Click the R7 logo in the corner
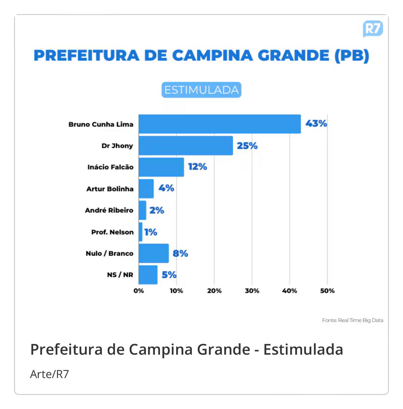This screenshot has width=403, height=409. pyautogui.click(x=373, y=29)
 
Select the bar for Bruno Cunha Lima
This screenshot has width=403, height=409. pyautogui.click(x=219, y=124)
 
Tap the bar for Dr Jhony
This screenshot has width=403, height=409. pyautogui.click(x=186, y=146)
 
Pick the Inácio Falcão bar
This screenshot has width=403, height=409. pyautogui.click(x=161, y=167)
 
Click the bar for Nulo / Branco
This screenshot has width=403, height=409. pyautogui.click(x=154, y=253)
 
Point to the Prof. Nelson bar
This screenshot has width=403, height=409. pyautogui.click(x=141, y=232)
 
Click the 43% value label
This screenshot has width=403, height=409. pyautogui.click(x=316, y=124)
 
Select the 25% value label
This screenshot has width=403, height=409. pyautogui.click(x=247, y=146)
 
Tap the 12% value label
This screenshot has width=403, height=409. pyautogui.click(x=197, y=167)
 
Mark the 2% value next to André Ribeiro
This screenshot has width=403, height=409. pyautogui.click(x=156, y=210)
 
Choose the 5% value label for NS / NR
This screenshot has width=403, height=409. pyautogui.click(x=169, y=275)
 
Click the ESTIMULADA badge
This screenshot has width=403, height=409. pyautogui.click(x=201, y=90)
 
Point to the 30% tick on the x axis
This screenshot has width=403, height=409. pyautogui.click(x=252, y=291)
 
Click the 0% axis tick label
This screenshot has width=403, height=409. pyautogui.click(x=139, y=291)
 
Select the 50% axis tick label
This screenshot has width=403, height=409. pyautogui.click(x=327, y=291)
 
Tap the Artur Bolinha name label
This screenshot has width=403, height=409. pyautogui.click(x=110, y=189)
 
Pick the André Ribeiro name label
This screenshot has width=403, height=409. pyautogui.click(x=109, y=210)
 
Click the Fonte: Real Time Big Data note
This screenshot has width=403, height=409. pyautogui.click(x=352, y=320)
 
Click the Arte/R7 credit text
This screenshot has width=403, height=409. pyautogui.click(x=49, y=374)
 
